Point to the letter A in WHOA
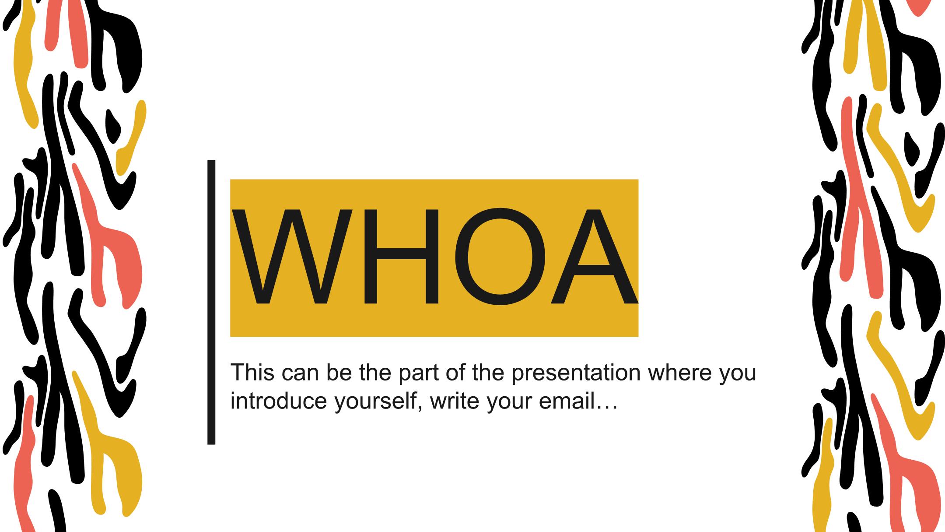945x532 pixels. (x=594, y=257)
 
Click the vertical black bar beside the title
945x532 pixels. (x=211, y=303)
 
